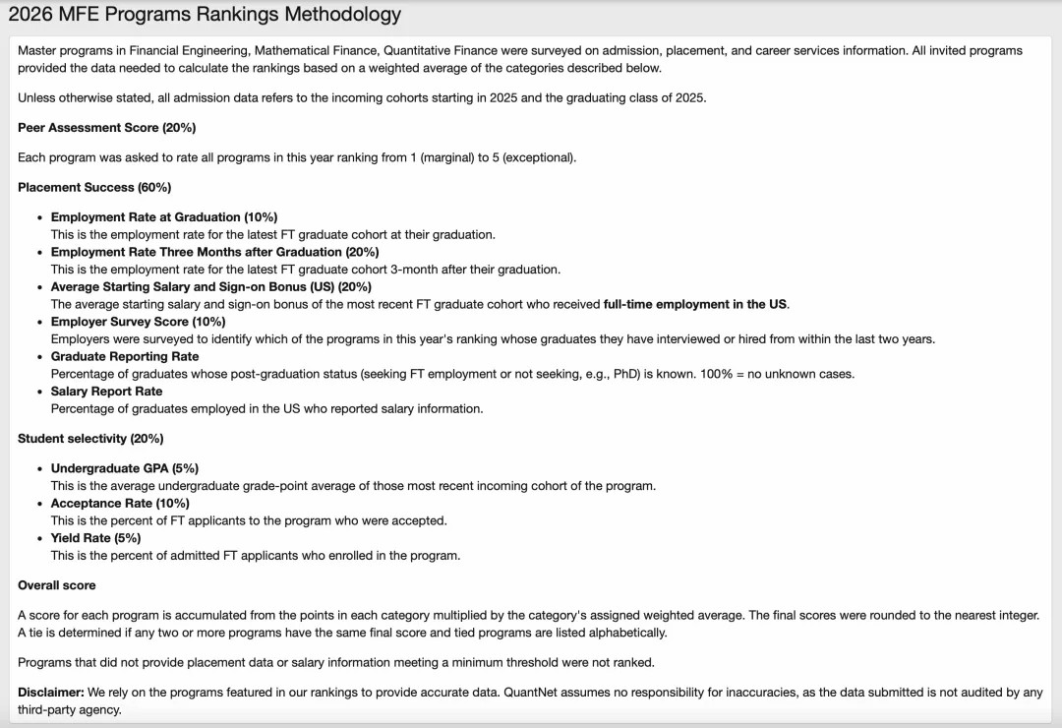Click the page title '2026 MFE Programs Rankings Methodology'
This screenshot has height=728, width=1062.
point(205,15)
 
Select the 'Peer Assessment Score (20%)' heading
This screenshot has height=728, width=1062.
point(106,128)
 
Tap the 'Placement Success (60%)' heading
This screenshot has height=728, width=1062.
point(94,187)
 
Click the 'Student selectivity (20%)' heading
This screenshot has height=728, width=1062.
point(90,439)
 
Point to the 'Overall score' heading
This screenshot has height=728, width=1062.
point(57,585)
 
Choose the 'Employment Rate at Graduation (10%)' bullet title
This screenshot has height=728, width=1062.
point(164,217)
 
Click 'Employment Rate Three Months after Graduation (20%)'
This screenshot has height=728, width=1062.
point(214,252)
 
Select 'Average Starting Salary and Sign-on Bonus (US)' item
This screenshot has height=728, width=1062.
point(211,287)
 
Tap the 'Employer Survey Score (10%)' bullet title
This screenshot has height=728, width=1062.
point(138,322)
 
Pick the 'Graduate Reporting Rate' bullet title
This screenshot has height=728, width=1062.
point(125,356)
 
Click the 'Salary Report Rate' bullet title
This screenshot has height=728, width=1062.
point(106,392)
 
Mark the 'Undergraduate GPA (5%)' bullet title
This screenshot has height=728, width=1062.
point(125,468)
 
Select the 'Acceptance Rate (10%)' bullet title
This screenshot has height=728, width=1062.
point(120,504)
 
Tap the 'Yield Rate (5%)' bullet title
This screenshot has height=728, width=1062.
point(95,538)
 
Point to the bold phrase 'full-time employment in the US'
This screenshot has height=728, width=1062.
point(695,304)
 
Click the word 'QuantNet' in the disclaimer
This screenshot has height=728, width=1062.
point(530,693)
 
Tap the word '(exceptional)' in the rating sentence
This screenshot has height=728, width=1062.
point(539,157)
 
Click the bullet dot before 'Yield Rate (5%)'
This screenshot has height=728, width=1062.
point(39,538)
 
